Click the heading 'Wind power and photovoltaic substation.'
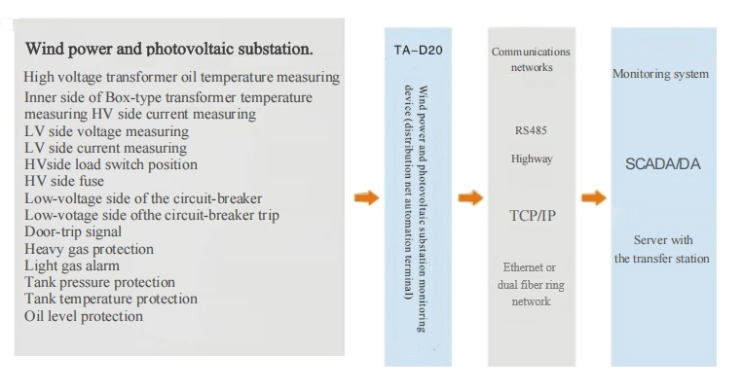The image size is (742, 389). (x=168, y=48)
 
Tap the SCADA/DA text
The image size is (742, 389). (x=662, y=164)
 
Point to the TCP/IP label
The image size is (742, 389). (x=533, y=215)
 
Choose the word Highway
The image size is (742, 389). (x=532, y=158)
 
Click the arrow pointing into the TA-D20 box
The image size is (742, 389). (x=365, y=198)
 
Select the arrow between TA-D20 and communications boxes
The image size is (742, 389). (x=470, y=198)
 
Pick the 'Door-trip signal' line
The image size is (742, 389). (x=73, y=231)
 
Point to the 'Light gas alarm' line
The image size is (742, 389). (x=72, y=265)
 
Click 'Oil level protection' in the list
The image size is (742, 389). (x=84, y=316)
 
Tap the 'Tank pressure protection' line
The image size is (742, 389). (x=99, y=282)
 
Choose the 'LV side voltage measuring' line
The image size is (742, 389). (x=106, y=131)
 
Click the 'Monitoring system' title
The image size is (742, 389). (x=660, y=74)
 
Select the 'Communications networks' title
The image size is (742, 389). (x=532, y=59)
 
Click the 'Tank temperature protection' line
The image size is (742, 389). (x=111, y=299)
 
